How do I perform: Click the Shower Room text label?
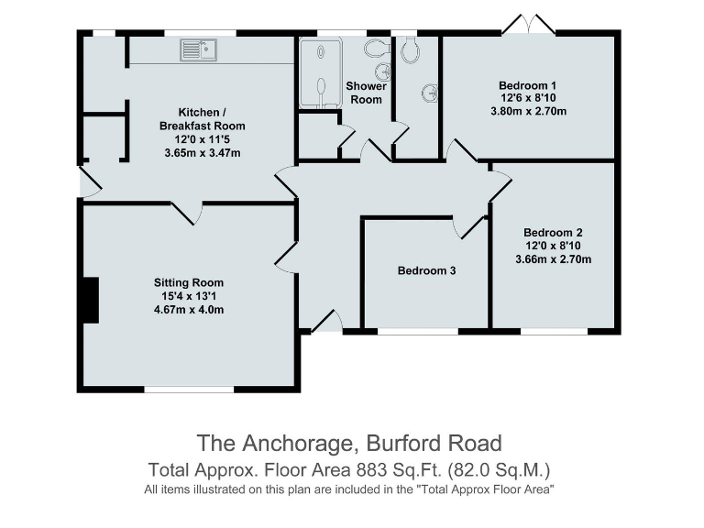point(366,93)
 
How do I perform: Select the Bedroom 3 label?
point(426,270)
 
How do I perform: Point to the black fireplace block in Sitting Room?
point(90,299)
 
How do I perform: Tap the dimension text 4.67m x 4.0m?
point(188,310)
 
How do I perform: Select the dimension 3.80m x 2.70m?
point(529,112)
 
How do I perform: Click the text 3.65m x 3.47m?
point(202,152)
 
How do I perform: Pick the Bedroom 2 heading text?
point(553,233)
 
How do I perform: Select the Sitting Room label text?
point(188,282)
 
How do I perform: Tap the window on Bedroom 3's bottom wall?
point(418,331)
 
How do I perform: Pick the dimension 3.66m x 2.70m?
point(553,259)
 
